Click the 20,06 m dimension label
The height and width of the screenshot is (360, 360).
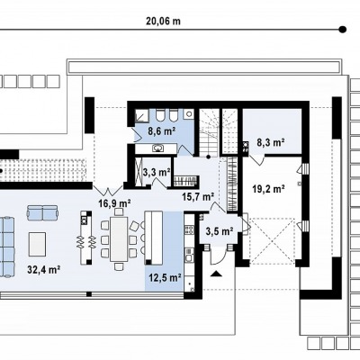163,22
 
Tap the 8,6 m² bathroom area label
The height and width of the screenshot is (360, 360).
161,130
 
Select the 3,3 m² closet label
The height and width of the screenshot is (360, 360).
156,172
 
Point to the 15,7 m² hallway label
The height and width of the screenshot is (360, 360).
198,196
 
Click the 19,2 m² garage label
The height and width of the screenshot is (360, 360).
269,189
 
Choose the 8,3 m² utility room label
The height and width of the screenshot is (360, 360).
271,142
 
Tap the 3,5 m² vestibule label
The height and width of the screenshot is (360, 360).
220,231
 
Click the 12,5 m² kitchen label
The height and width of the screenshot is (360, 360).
165,278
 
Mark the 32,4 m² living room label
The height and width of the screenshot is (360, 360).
44,269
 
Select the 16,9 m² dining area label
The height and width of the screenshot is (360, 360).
114,203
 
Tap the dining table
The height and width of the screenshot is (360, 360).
119,238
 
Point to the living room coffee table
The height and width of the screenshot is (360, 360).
37,244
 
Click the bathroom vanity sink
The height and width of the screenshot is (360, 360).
157,148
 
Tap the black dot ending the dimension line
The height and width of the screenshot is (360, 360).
342,30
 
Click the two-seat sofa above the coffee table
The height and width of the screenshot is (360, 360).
42,212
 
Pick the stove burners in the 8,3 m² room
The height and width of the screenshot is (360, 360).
246,147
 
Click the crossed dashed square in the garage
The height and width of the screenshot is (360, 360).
272,241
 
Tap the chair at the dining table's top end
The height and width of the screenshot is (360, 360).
119,212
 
